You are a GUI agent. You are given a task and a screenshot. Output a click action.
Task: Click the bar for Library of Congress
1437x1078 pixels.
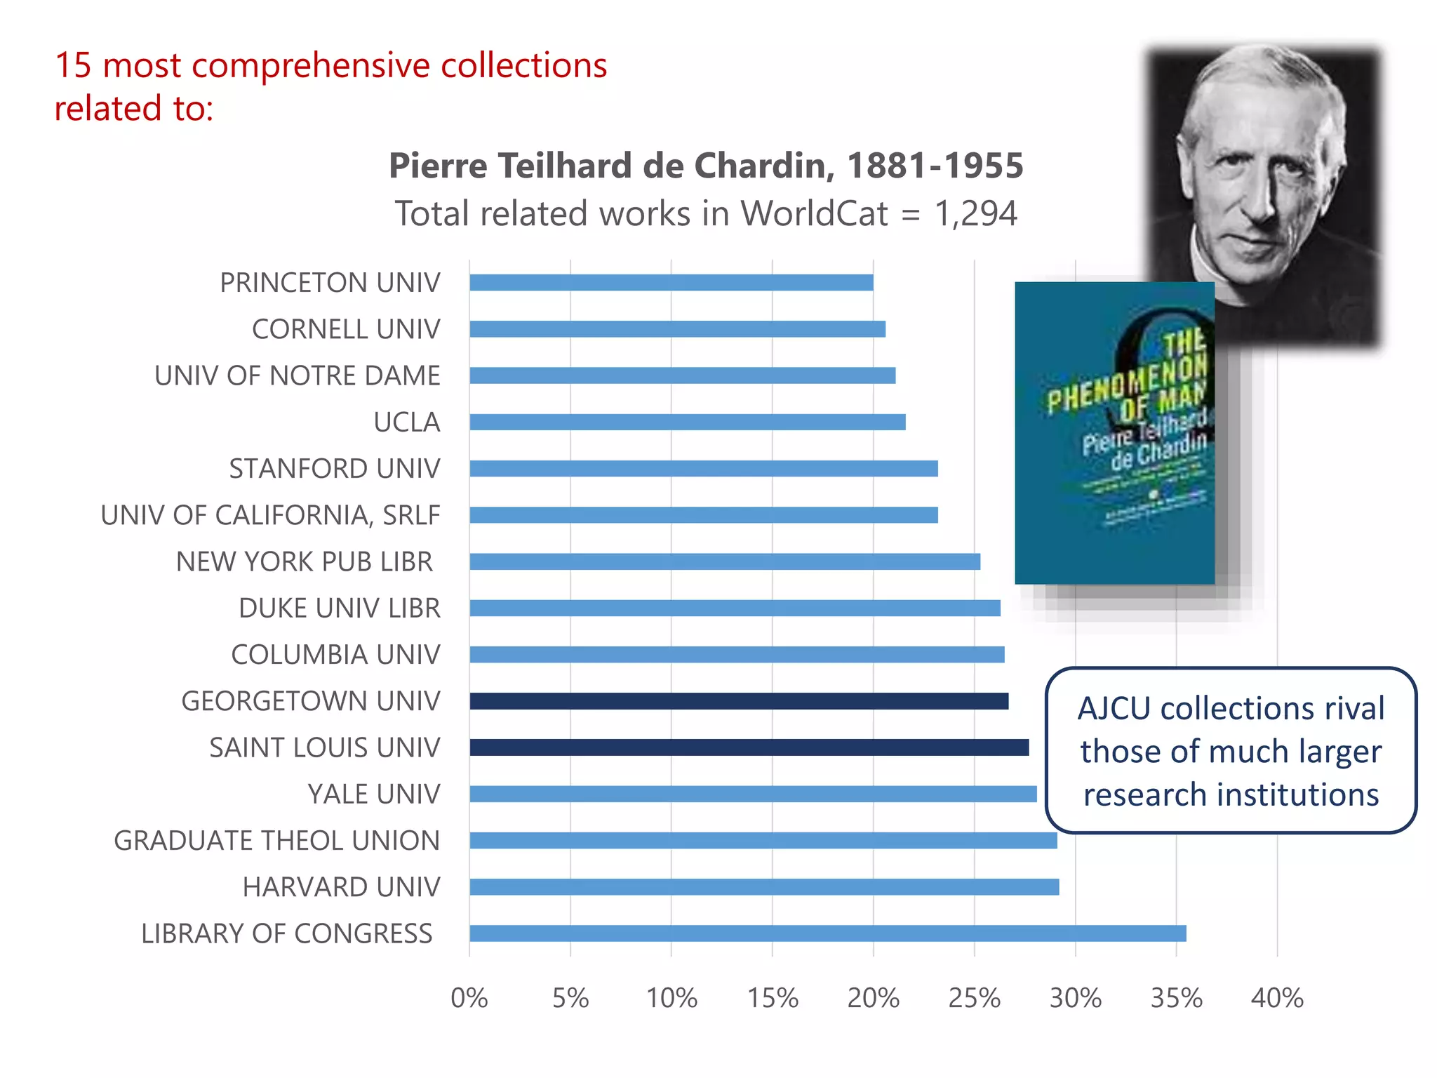[x=828, y=933]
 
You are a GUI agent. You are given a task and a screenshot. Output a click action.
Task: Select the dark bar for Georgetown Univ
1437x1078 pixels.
[x=739, y=701]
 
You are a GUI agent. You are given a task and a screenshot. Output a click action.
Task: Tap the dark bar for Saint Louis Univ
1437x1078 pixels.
[x=749, y=747]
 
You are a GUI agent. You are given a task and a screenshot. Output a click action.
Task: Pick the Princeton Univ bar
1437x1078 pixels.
[x=671, y=282]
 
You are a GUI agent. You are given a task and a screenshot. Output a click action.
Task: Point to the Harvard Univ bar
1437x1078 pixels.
[x=764, y=887]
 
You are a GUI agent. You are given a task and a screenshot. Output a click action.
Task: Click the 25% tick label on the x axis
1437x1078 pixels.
[x=974, y=998]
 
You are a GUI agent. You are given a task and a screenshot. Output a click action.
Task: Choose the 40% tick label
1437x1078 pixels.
[x=1277, y=998]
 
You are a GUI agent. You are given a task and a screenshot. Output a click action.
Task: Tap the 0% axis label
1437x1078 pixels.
[x=469, y=998]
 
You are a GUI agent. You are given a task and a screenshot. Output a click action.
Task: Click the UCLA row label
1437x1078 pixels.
[x=407, y=422]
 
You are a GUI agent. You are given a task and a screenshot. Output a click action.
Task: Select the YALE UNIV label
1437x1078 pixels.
[x=374, y=794]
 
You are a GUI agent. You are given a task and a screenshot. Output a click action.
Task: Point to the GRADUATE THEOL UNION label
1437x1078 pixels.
[x=277, y=841]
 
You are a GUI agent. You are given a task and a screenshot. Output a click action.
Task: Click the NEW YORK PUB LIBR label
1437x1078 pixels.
[x=305, y=562]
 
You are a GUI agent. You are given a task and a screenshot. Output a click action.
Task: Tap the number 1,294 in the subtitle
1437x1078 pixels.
[x=975, y=213]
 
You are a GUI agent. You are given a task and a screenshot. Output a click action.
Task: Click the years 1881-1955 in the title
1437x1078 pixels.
[x=935, y=166]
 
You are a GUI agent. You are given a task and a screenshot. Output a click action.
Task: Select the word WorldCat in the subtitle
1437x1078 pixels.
[x=814, y=213]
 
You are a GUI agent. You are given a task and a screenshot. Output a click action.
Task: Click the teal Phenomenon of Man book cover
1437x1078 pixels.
[x=1114, y=432]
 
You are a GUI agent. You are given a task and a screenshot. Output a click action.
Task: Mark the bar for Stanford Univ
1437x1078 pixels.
[x=704, y=468]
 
